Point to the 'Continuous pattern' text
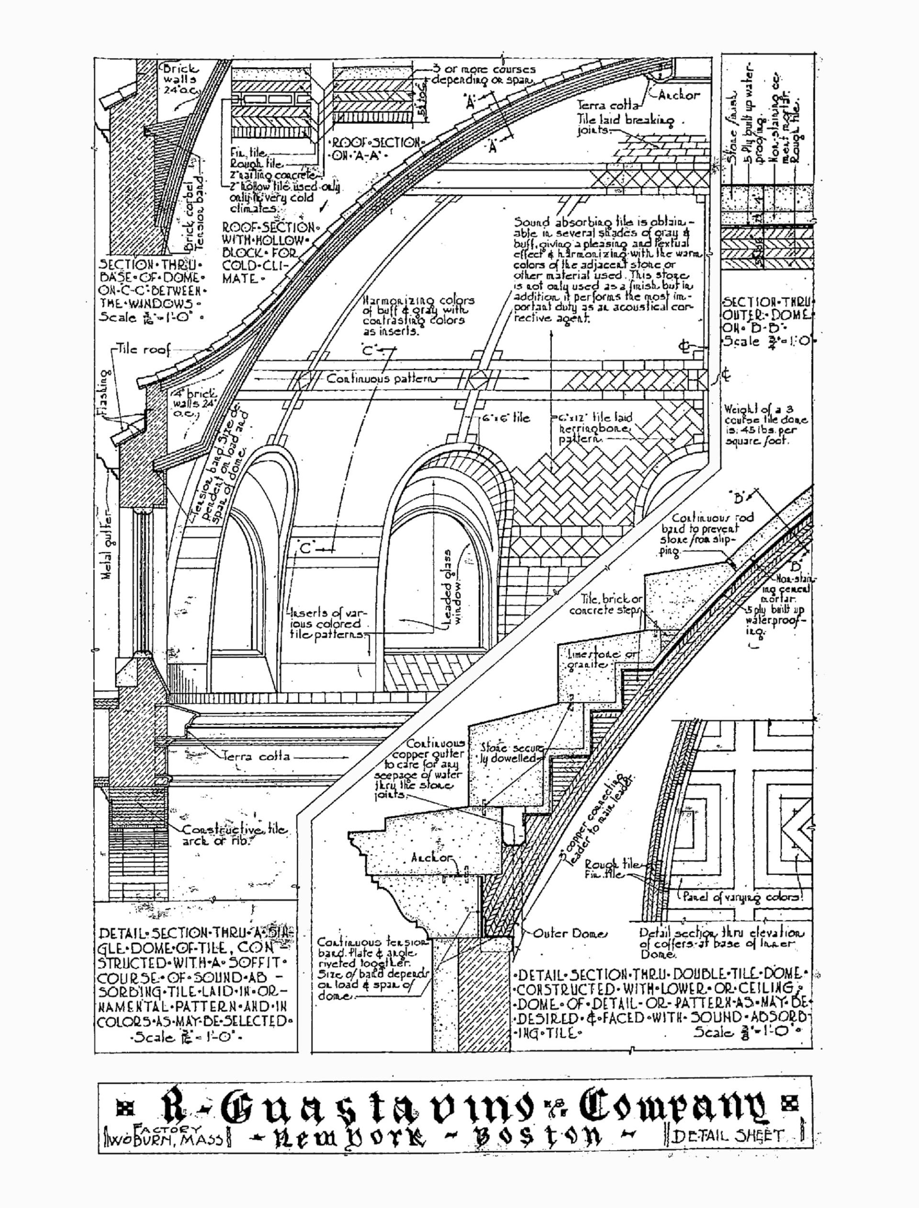tap(381, 378)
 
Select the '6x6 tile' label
tap(506, 418)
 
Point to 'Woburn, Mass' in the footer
tap(164, 1138)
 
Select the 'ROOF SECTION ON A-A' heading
tap(377, 148)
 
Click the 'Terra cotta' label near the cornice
tap(256, 757)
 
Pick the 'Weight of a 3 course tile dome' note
tap(765, 424)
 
